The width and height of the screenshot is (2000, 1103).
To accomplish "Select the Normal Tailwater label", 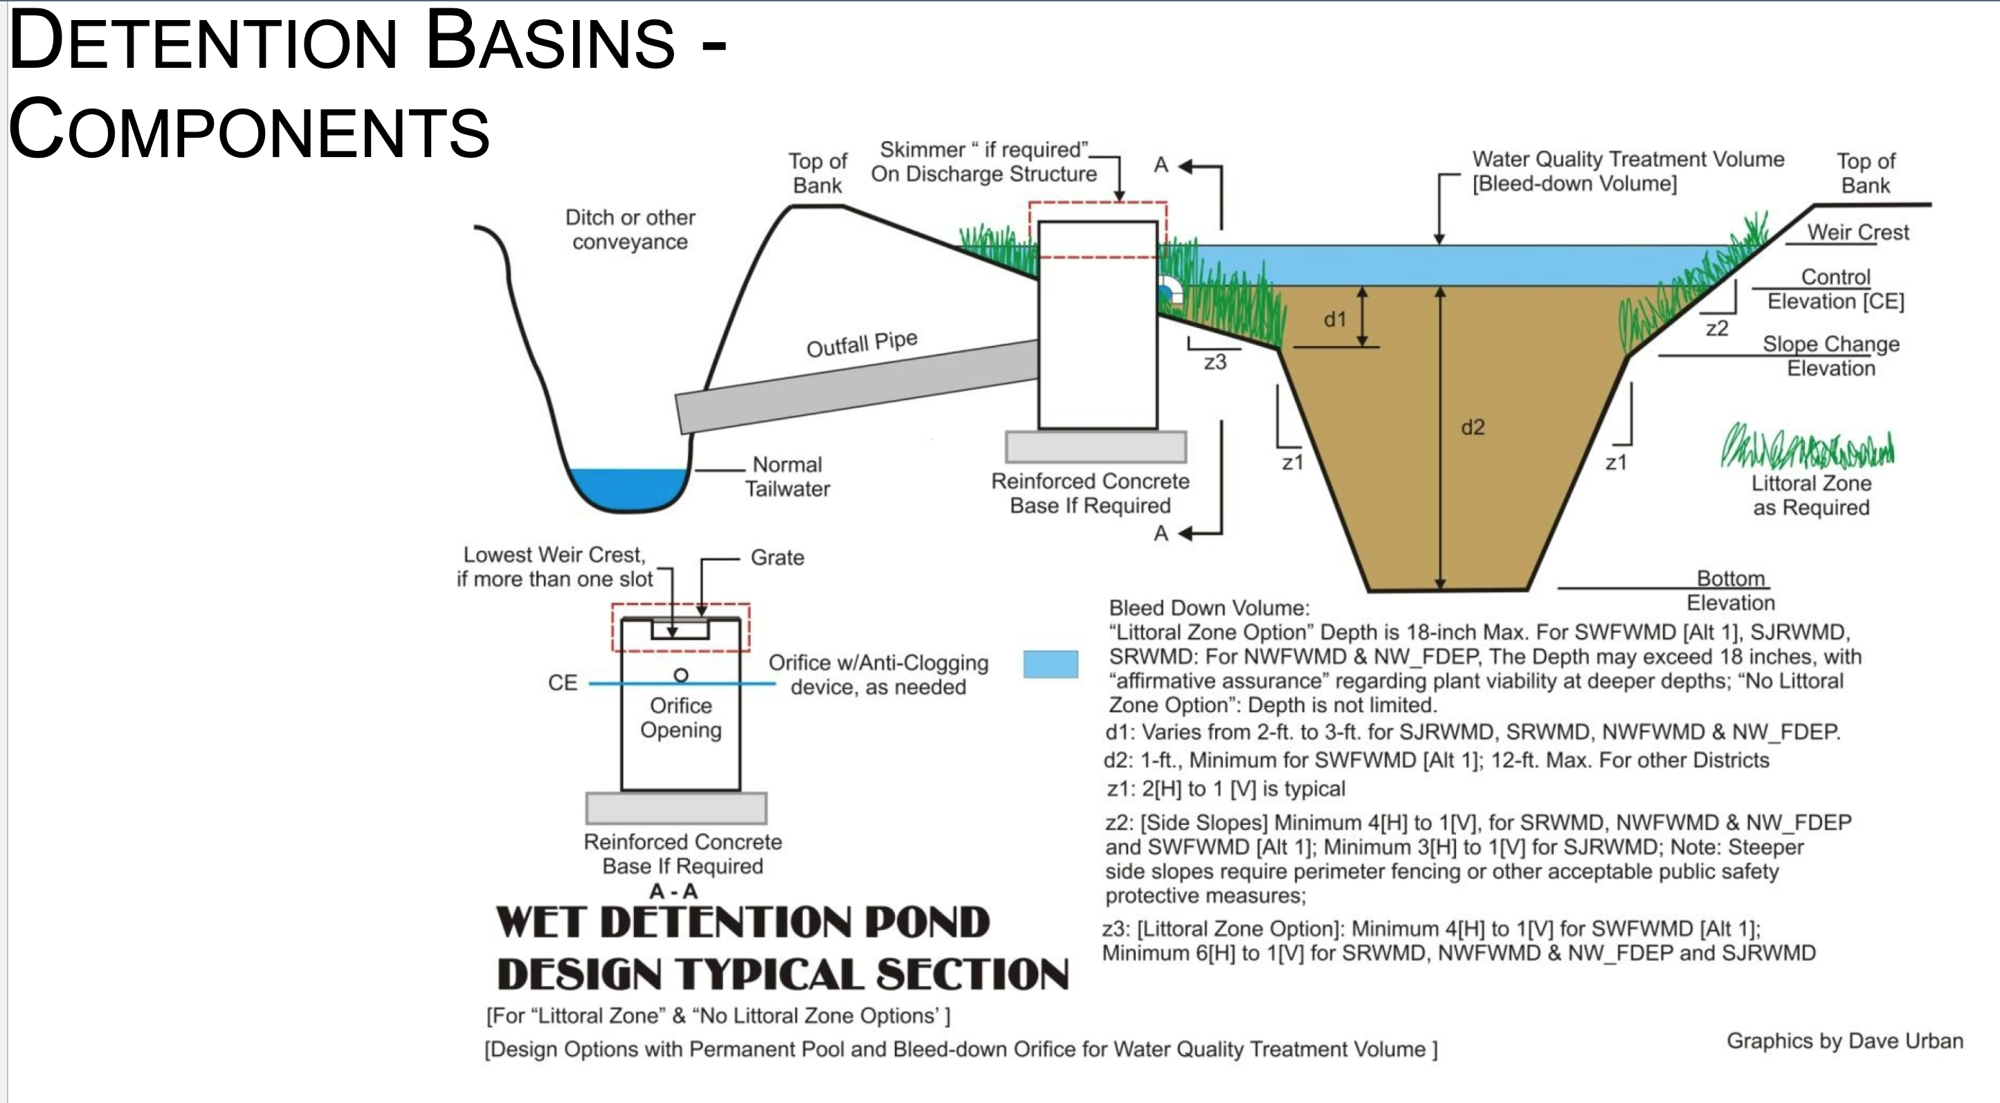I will pos(788,477).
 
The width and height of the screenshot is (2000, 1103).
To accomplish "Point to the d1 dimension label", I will pos(1335,319).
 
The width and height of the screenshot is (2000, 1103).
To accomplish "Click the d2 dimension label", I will pos(1472,427).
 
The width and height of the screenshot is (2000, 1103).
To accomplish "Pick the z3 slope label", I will pos(1215,362).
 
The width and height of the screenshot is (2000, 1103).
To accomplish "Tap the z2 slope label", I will pos(1717,328).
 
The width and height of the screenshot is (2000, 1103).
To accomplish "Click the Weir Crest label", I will pos(1857,232).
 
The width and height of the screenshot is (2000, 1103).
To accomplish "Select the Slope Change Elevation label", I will pos(1830,356).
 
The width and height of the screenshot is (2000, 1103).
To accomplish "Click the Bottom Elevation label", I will pos(1731,591).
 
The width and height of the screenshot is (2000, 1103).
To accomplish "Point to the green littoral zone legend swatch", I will pos(1807,446).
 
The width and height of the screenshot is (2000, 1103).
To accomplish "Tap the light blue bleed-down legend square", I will pos(1051,664).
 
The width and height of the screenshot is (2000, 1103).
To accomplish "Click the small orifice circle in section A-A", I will pos(681,675).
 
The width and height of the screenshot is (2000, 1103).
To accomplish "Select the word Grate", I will pos(777,557).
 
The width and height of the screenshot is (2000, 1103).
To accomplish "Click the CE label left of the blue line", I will pos(563,683).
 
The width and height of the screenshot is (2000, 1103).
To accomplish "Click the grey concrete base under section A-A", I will pos(676,808).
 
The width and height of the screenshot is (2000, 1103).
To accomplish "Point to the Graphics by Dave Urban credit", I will pos(1845,1041).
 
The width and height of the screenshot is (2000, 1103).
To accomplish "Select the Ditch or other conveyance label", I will pos(630,230).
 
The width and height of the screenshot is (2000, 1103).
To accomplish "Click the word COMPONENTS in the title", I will pos(248,129).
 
